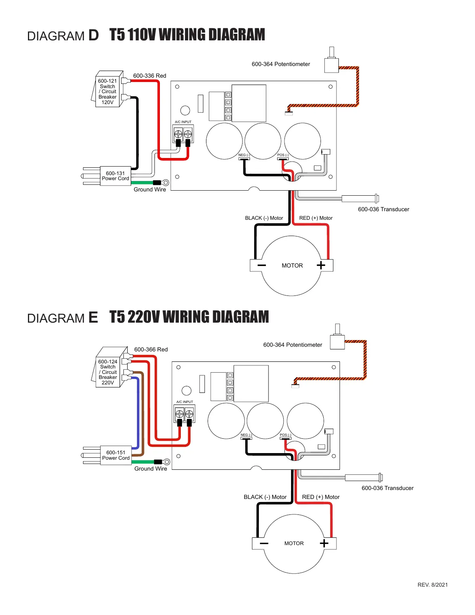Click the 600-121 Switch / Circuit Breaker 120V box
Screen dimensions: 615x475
(x=107, y=92)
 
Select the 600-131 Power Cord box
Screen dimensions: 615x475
(x=115, y=176)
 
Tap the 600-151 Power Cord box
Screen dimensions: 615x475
(x=116, y=455)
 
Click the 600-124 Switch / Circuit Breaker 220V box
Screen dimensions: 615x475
(x=108, y=372)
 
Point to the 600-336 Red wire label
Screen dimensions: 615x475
(x=149, y=76)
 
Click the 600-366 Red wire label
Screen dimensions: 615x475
(x=151, y=349)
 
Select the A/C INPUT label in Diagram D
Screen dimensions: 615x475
(x=183, y=122)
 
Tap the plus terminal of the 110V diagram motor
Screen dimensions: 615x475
(x=321, y=265)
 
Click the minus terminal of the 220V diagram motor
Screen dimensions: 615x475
(x=264, y=543)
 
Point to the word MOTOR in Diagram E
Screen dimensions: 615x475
(x=294, y=544)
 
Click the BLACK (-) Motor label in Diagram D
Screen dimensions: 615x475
(x=264, y=218)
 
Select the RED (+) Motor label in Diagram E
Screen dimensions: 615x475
(x=321, y=497)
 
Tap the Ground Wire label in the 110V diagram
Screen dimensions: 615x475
(x=150, y=189)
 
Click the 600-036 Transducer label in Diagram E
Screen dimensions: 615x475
(x=387, y=488)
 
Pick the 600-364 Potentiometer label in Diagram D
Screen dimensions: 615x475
(x=281, y=64)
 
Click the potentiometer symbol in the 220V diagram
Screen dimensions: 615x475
(x=337, y=341)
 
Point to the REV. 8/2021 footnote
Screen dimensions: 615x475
(x=432, y=585)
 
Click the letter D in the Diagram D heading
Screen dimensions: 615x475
(x=94, y=35)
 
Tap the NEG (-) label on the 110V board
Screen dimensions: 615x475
(x=244, y=155)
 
